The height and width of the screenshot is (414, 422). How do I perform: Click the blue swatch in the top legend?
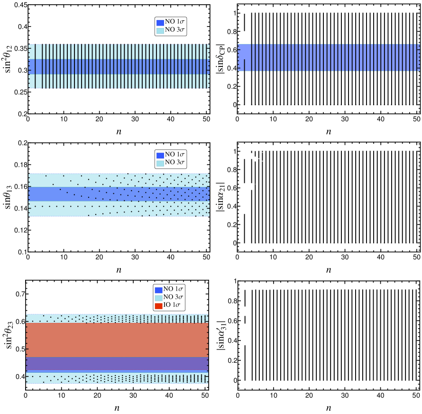pyautogui.click(x=160, y=23)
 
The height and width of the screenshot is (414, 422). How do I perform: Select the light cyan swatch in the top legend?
pyautogui.click(x=160, y=31)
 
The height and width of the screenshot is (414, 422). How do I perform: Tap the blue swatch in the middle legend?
pyautogui.click(x=160, y=156)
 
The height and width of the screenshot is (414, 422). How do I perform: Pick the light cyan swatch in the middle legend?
pyautogui.click(x=160, y=164)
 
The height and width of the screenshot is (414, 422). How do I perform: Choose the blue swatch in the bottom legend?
pyautogui.click(x=158, y=290)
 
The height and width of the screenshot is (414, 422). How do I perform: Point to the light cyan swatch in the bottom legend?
pyautogui.click(x=158, y=298)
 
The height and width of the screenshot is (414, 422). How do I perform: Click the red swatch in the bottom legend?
pyautogui.click(x=158, y=306)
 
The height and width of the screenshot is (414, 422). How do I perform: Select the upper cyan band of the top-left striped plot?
pyautogui.click(x=119, y=52)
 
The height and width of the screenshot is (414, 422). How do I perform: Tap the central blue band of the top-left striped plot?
pyautogui.click(x=119, y=66)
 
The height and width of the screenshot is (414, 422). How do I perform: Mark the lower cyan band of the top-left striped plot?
pyautogui.click(x=119, y=81)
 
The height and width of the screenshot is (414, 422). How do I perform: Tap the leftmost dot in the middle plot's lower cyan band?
pyautogui.click(x=35, y=206)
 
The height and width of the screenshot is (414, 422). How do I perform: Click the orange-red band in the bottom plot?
pyautogui.click(x=117, y=340)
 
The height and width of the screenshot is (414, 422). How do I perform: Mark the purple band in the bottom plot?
pyautogui.click(x=117, y=363)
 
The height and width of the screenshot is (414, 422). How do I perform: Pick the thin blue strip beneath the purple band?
pyautogui.click(x=117, y=371)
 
